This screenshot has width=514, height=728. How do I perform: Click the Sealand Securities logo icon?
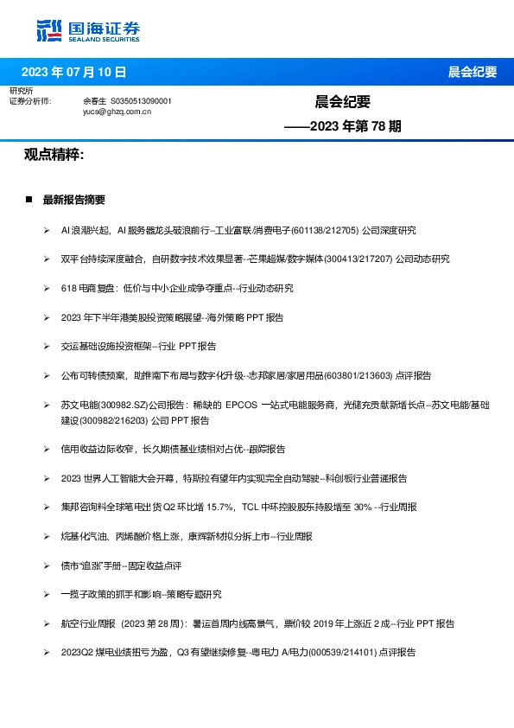click(50, 29)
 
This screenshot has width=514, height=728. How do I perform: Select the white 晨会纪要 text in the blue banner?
click(472, 72)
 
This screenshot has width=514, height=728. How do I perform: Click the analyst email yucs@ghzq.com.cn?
click(117, 112)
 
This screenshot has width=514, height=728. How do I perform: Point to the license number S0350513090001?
click(142, 101)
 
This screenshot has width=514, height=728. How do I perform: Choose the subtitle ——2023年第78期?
click(343, 126)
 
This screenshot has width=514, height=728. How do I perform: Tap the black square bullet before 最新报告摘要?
click(29, 200)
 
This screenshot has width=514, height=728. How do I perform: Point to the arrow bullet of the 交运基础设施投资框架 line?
click(46, 346)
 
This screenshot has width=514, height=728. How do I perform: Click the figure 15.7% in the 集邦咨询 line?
click(218, 508)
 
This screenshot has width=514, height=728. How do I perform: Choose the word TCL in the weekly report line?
click(250, 508)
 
